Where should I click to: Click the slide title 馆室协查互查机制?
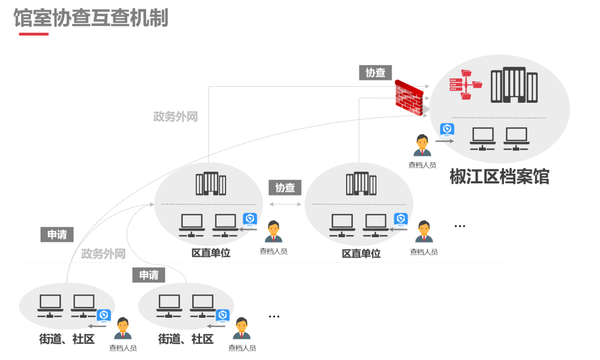(x=91, y=18)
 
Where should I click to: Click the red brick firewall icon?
(x=409, y=98)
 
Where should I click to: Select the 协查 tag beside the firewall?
(x=376, y=72)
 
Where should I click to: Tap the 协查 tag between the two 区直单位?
(x=285, y=187)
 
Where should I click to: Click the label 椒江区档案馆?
(x=499, y=177)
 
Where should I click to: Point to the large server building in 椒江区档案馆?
(x=514, y=85)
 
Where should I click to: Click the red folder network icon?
(x=466, y=84)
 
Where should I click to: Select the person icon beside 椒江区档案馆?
(x=422, y=146)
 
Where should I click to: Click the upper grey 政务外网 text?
(x=176, y=117)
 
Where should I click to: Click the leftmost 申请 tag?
(x=57, y=234)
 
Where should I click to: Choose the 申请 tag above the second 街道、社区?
(x=149, y=274)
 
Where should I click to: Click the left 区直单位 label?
(x=211, y=253)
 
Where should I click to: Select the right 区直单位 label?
(x=361, y=253)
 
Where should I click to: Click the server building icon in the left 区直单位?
(x=211, y=184)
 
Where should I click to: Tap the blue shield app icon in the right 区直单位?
(x=401, y=219)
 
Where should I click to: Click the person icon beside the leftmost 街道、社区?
(x=123, y=328)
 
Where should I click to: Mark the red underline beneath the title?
(x=33, y=34)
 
